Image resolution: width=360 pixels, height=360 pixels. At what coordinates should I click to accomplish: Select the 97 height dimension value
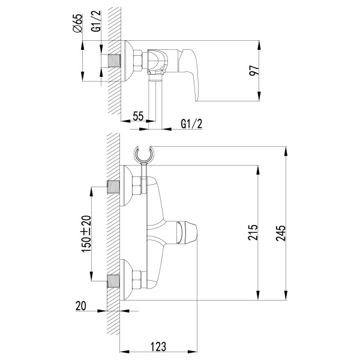[255, 71]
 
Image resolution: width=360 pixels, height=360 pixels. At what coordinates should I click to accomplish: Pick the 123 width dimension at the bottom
[158, 346]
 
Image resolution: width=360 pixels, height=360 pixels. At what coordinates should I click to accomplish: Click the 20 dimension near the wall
[82, 307]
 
